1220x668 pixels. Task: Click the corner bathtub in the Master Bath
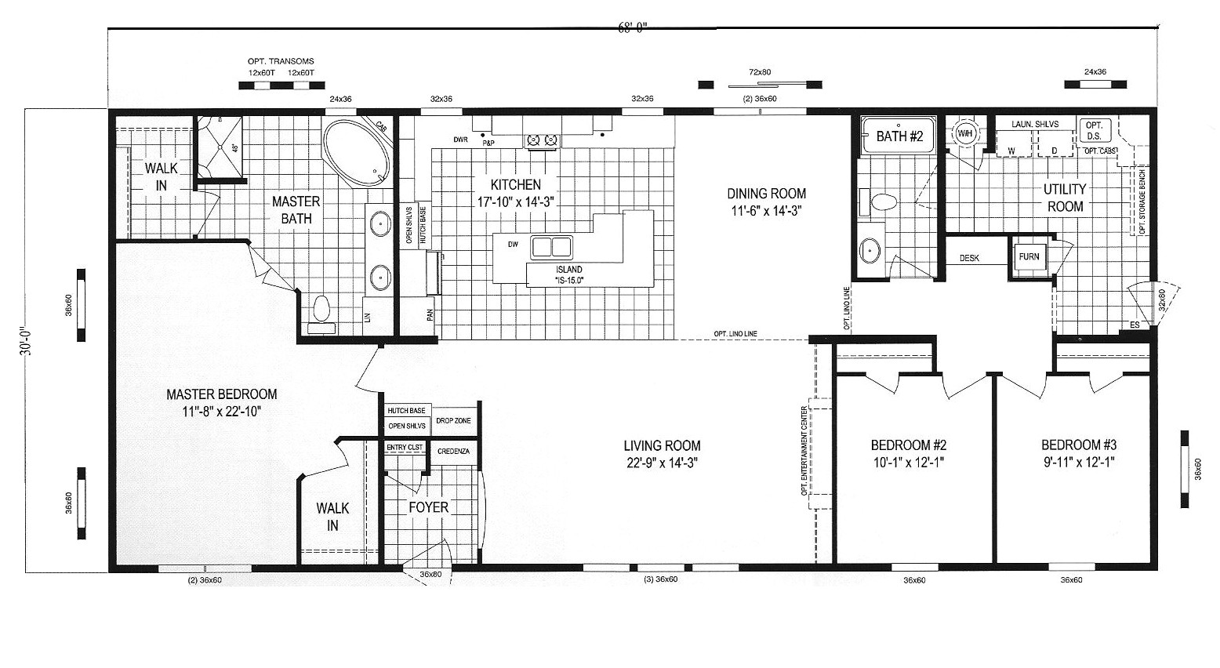357,152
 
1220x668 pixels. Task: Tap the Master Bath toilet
320,310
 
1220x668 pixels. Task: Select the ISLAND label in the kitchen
570,270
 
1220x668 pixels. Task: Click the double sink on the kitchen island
552,247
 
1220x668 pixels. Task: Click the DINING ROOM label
766,194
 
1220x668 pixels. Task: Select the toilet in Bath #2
881,202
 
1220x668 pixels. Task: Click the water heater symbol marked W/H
964,133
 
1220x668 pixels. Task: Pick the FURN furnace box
1029,257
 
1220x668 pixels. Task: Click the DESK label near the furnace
969,258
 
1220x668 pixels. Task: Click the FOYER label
429,507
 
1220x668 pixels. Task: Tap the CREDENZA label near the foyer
453,452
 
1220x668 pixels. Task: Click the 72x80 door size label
760,72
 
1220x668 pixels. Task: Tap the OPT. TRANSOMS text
281,61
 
